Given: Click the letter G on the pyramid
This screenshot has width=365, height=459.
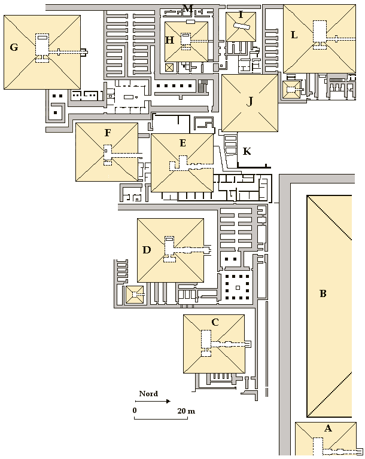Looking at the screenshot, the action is pos(14,47).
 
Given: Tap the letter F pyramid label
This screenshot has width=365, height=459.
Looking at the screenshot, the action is pos(108,133).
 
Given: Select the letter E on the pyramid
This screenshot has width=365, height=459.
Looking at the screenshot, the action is pos(182,143).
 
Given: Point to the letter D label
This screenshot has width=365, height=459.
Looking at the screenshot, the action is pos(147,250).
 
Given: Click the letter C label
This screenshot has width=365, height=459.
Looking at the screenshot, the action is pos(215,322).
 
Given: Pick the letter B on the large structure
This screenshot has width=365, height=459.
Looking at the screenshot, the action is pos(323,293).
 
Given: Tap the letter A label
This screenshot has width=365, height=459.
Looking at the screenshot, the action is pos(328,429).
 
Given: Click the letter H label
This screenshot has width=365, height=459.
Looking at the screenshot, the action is pos(170,40).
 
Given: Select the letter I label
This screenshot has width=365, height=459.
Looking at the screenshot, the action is pos(241,14).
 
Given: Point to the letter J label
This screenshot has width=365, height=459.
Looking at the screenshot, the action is pos(250,102).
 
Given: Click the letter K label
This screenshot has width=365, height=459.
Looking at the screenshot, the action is pos(247,151).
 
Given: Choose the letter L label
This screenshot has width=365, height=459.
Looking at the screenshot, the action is pos(294,35).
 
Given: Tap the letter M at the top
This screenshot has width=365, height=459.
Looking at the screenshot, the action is pos(188,8).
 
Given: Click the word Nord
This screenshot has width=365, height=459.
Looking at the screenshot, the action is pos(148,394).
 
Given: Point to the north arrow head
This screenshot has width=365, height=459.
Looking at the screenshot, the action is pos(168,401).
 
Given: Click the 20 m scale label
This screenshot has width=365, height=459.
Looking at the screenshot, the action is pos(186,411).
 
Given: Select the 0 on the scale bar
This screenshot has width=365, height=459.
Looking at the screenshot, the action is pos(135,411).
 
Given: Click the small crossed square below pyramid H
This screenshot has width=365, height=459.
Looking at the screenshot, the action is pos(169,68).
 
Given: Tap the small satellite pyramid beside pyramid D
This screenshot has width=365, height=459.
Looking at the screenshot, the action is pos(135,295).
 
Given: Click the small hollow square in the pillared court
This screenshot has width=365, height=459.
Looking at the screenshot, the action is pos(238,288).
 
